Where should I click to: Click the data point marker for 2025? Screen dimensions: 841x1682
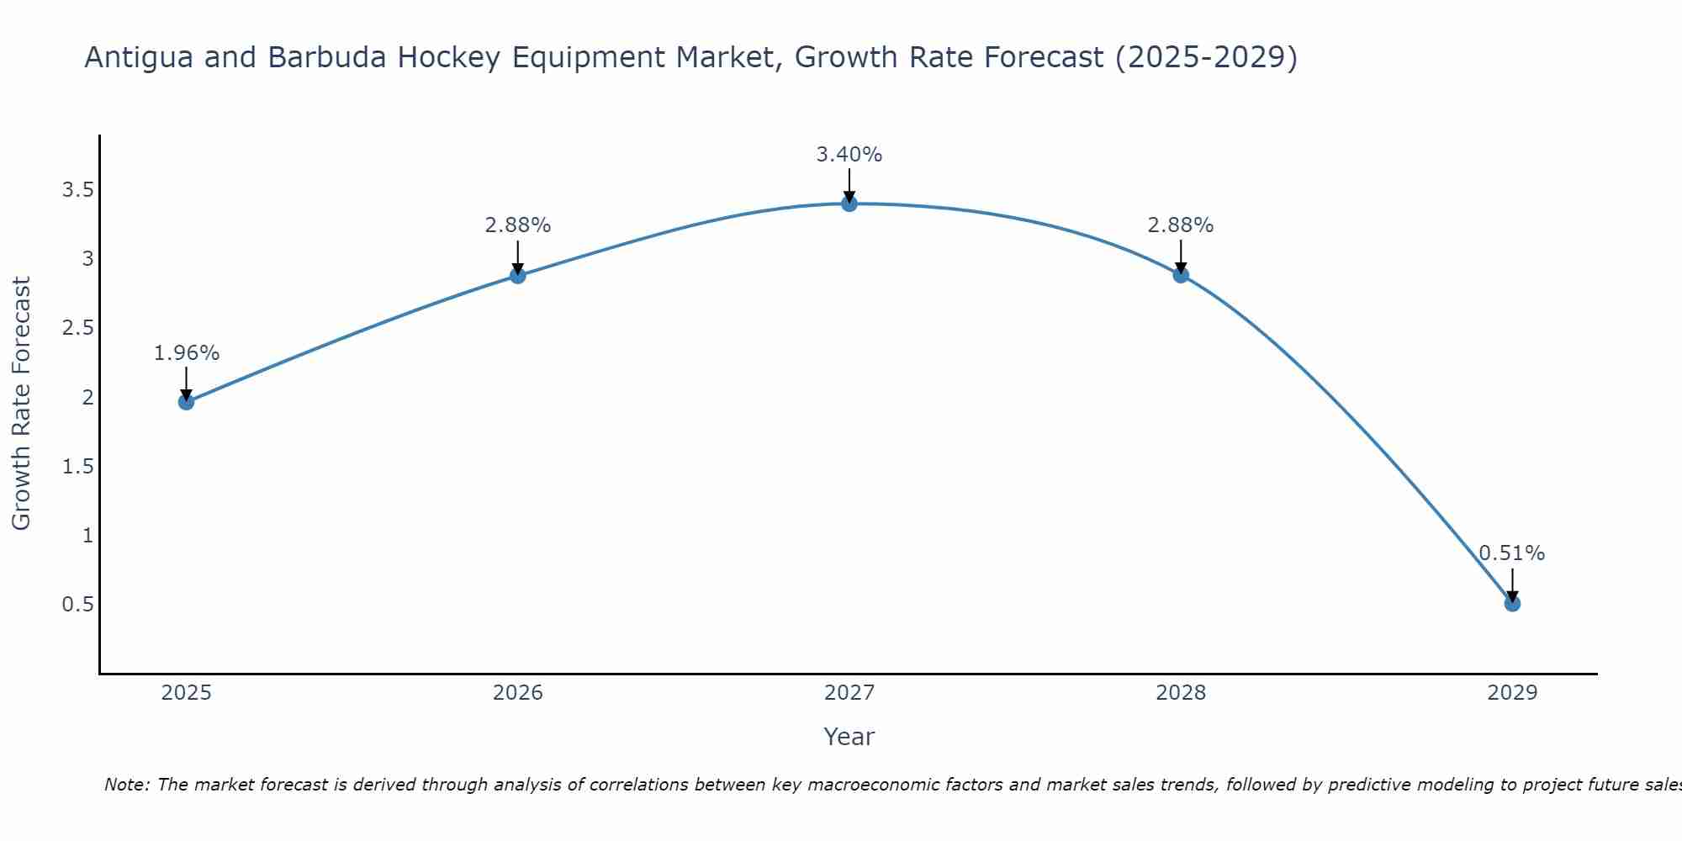pyautogui.click(x=186, y=402)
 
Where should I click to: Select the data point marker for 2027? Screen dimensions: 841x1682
pyautogui.click(x=849, y=204)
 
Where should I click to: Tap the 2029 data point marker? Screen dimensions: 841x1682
pyautogui.click(x=1512, y=603)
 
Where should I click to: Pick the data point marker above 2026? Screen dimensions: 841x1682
pyautogui.click(x=518, y=275)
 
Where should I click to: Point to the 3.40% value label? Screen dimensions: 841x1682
pyautogui.click(x=849, y=155)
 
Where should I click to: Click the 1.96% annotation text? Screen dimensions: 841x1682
pyautogui.click(x=186, y=353)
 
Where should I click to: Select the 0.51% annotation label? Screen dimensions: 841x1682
pyautogui.click(x=1512, y=553)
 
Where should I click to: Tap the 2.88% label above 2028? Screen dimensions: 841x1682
pyautogui.click(x=1181, y=225)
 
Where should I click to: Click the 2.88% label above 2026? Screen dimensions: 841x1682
pyautogui.click(x=518, y=225)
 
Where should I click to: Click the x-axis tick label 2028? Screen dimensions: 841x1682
pyautogui.click(x=1181, y=693)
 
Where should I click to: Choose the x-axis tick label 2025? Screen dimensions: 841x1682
pyautogui.click(x=186, y=693)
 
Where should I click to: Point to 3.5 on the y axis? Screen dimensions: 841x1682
pyautogui.click(x=77, y=190)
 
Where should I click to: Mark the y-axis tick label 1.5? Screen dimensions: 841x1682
pyautogui.click(x=77, y=467)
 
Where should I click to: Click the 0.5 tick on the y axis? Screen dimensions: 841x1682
pyautogui.click(x=77, y=605)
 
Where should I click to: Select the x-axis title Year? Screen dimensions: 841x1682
pyautogui.click(x=849, y=737)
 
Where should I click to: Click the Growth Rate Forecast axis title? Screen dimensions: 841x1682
pyautogui.click(x=22, y=404)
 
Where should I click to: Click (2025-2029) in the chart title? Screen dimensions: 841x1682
pyautogui.click(x=1206, y=57)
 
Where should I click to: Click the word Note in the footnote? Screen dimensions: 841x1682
pyautogui.click(x=126, y=785)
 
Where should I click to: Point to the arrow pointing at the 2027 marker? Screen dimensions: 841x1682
pyautogui.click(x=849, y=185)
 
